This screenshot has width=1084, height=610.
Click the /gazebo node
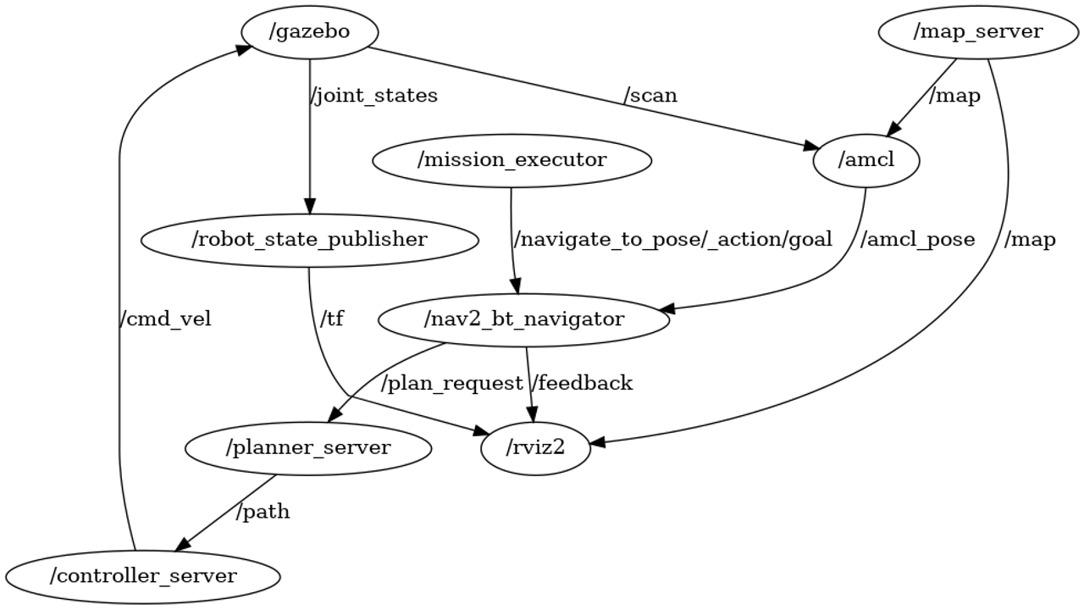309,32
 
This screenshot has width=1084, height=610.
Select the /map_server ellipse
978,32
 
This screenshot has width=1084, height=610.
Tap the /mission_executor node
511,160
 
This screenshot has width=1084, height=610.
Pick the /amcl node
866,160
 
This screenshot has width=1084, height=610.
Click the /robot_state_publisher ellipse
309,240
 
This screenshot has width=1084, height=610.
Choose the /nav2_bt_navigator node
523,319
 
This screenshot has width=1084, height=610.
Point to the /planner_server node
307,447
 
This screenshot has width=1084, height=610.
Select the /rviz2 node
535,447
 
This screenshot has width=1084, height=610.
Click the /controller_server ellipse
142,576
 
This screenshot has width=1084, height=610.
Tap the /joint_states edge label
374,96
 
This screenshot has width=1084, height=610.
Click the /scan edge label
650,96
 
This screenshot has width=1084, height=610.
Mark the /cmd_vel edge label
165,319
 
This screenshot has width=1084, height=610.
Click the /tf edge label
332,319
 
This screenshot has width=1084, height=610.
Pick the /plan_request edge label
451,384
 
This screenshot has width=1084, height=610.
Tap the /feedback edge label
582,384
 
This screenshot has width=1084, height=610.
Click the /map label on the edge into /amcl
954,96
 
